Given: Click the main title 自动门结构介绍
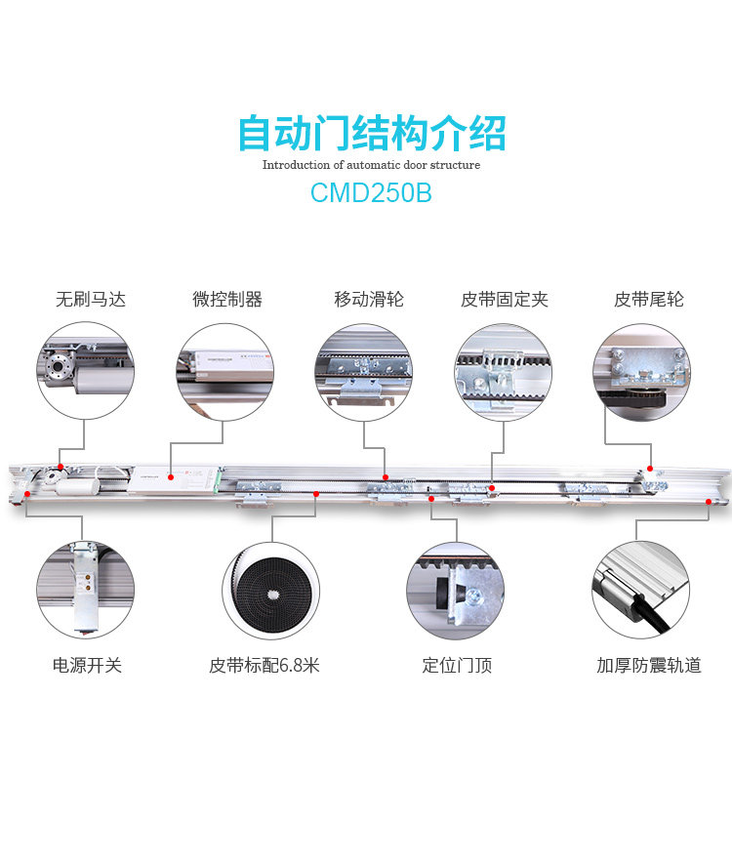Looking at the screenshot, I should (372, 133).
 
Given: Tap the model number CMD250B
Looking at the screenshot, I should (371, 192).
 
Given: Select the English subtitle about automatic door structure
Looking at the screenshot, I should (371, 165).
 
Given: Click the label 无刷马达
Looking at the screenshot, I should (91, 300).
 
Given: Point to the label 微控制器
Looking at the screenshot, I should (227, 300).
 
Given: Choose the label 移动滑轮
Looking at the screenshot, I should (369, 300).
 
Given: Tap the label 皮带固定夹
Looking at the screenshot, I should (505, 300).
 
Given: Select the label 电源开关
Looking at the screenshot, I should (87, 666).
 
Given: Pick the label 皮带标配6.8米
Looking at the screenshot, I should (264, 666).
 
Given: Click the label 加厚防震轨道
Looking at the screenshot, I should (649, 666).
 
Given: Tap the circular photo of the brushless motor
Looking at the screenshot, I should (85, 372).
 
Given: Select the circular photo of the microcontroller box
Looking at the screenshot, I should (224, 372).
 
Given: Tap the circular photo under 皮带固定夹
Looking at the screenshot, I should (504, 372).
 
